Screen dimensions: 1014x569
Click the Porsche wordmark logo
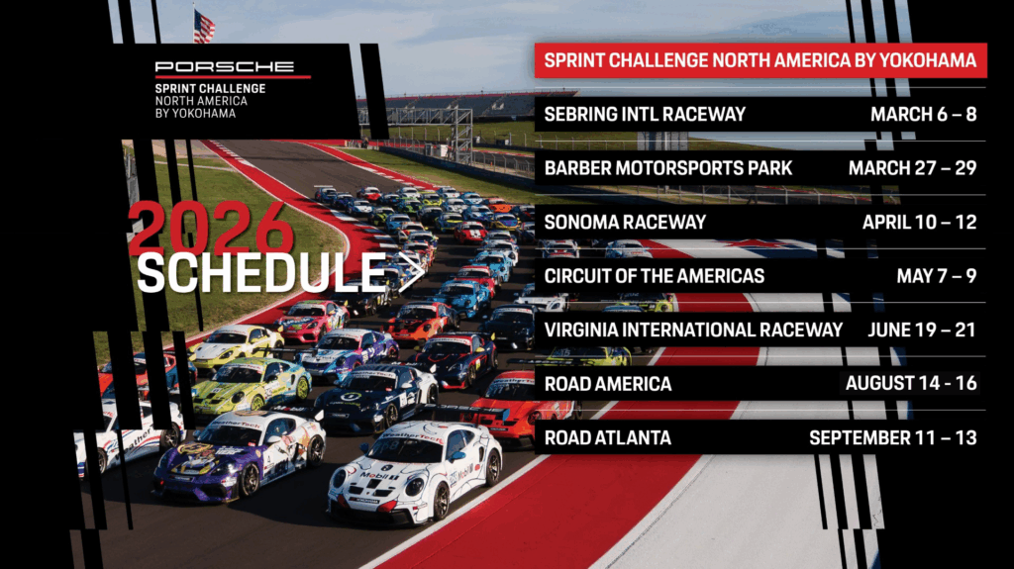[x=224, y=66]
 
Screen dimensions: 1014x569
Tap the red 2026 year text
[x=211, y=229]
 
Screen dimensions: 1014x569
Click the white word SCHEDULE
[x=261, y=272]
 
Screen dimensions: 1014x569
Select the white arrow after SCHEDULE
[x=411, y=272]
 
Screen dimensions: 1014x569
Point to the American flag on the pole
[x=204, y=27]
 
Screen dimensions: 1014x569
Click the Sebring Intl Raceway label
[x=645, y=115]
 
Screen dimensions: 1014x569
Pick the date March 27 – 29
[x=912, y=168]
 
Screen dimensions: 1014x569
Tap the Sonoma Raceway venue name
[x=625, y=223]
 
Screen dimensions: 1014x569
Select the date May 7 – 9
[x=937, y=276]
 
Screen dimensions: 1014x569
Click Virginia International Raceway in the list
[x=693, y=330]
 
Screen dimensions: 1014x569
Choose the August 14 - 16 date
[x=911, y=383]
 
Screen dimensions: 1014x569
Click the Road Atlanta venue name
[x=608, y=437]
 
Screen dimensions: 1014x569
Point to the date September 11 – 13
[x=893, y=437]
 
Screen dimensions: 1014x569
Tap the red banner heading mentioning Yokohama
[x=760, y=60]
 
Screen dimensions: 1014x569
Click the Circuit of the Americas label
[x=655, y=276]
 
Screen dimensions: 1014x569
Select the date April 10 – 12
[x=920, y=223]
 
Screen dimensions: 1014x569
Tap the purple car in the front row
[x=241, y=454]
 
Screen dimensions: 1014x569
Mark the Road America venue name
[x=608, y=384]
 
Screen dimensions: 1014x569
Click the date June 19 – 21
[x=922, y=330]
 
